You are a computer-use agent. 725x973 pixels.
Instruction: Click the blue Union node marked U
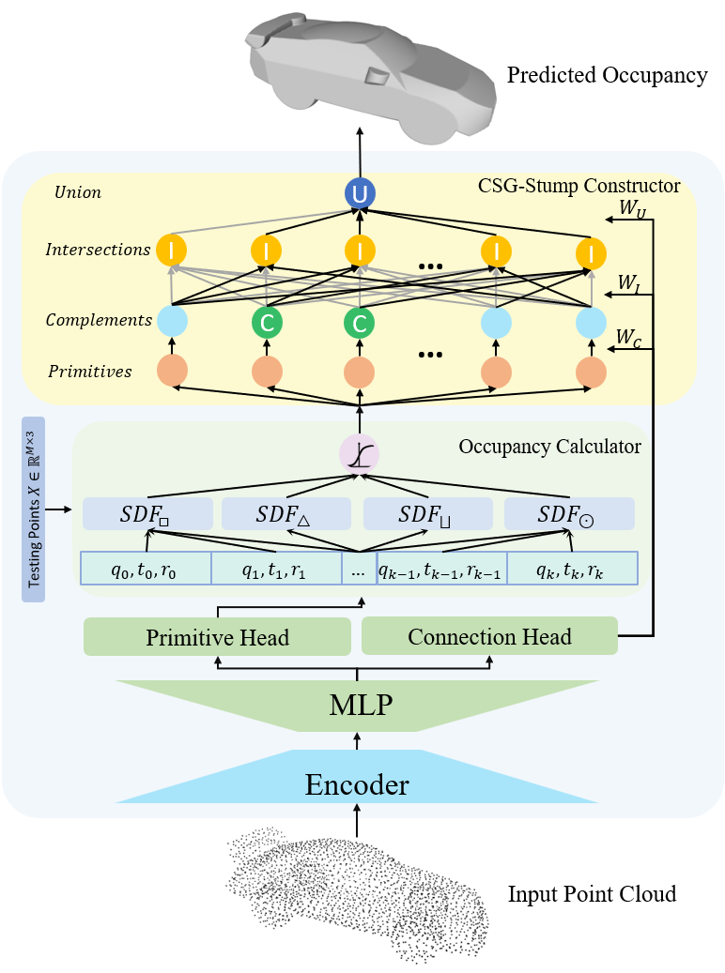coord(359,194)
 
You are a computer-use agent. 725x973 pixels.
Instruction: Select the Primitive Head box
coord(217,637)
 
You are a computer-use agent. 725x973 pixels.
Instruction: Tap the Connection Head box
coord(489,636)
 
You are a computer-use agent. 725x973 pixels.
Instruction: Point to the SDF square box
coord(146,514)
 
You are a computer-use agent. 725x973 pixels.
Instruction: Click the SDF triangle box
coord(285,514)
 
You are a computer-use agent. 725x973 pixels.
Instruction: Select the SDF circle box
coord(569,514)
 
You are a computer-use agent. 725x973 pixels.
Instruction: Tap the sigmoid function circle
coord(359,455)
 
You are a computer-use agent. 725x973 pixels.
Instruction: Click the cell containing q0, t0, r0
coord(146,568)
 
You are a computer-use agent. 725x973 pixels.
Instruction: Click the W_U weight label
coord(629,206)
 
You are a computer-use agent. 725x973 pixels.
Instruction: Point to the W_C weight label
coord(629,337)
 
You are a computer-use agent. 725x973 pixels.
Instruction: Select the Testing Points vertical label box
coord(33,509)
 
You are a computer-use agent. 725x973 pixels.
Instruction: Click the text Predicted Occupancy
coord(607,75)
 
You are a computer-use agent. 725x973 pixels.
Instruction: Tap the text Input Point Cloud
coord(592,893)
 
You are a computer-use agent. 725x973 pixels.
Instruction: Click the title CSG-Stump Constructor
coord(579,186)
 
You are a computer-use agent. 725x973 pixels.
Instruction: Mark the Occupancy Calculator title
coord(549,447)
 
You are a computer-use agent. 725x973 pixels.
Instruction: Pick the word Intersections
coord(98,250)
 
